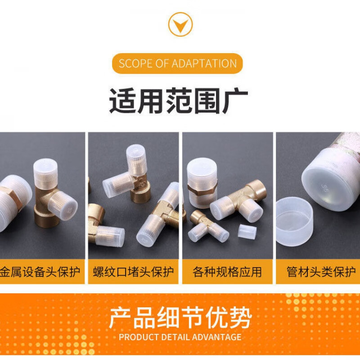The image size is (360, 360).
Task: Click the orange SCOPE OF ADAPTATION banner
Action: (x=177, y=63)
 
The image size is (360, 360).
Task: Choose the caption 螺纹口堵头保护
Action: (x=133, y=272)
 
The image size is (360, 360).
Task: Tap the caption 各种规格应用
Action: (x=227, y=272)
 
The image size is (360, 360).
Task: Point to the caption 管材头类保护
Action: (x=321, y=272)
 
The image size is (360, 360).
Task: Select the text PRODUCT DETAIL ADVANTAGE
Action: (x=180, y=337)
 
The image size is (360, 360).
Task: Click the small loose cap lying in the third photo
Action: (x=247, y=231)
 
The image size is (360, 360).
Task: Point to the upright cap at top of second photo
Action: (x=136, y=157)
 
